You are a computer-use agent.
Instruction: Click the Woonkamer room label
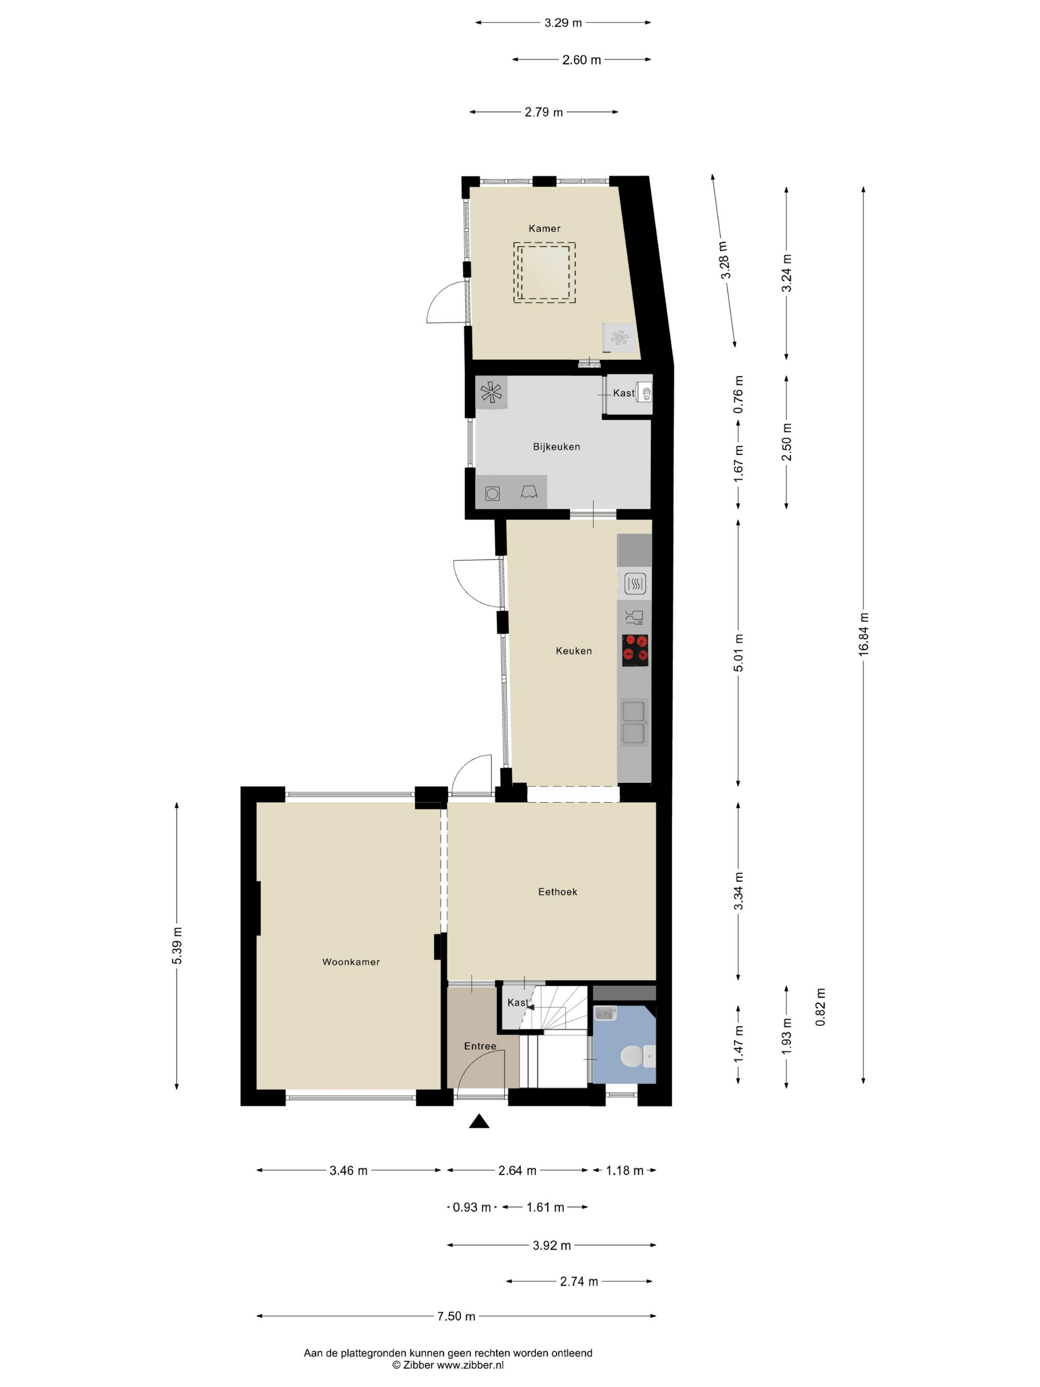click(x=351, y=962)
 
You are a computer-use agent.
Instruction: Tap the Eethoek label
click(x=557, y=892)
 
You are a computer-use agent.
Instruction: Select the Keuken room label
click(x=573, y=651)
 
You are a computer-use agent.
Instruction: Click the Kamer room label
click(x=544, y=228)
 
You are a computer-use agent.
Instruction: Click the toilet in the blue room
click(x=636, y=1057)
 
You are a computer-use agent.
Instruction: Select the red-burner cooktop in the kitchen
click(x=635, y=650)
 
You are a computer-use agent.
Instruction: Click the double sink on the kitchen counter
click(x=634, y=722)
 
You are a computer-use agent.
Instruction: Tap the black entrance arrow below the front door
click(x=479, y=1121)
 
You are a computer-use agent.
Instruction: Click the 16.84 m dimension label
click(x=863, y=634)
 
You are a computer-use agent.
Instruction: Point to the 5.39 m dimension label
click(x=177, y=945)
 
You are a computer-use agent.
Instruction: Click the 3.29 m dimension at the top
click(x=563, y=23)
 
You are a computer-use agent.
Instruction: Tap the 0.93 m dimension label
click(x=471, y=1207)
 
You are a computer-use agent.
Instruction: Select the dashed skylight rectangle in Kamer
click(x=544, y=273)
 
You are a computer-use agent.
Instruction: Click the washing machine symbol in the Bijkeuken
click(x=492, y=493)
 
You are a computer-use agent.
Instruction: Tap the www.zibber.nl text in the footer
click(x=469, y=1364)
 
